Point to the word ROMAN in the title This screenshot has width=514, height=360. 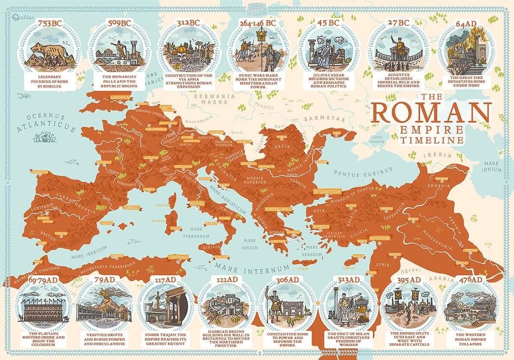(431, 112)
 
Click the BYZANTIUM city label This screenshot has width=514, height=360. (327, 191)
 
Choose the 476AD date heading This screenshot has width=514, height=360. (470, 279)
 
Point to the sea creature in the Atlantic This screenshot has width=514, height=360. (45, 137)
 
